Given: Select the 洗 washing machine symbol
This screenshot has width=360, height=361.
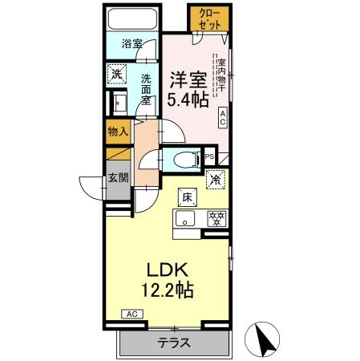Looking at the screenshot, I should coord(117,73).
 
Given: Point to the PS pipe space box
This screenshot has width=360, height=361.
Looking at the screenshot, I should coord(210,157).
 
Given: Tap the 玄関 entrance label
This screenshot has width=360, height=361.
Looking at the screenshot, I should coord(117,178).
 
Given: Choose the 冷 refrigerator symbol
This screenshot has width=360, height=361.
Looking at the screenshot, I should coord(214,180).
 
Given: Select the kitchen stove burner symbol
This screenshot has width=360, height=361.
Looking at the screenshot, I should coord(215,217).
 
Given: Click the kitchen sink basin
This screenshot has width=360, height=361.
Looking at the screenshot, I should coord(184,217).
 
